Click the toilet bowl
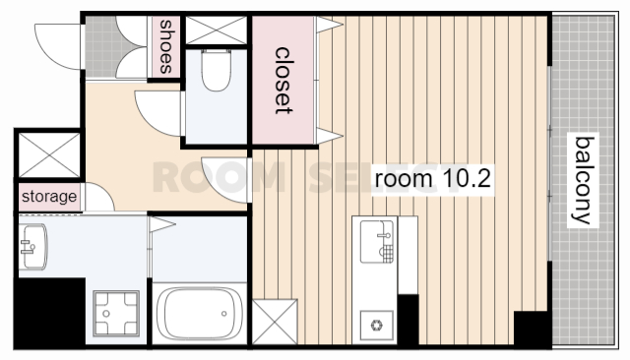click(216, 70)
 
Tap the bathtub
click(200, 314)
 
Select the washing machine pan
click(116, 314)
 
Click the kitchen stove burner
click(376, 326)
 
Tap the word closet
click(283, 81)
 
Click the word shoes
click(166, 47)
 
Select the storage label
click(49, 197)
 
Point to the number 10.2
click(467, 179)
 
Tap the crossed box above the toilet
click(216, 30)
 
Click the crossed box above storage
click(49, 155)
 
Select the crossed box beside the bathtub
click(275, 322)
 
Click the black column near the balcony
click(532, 328)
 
